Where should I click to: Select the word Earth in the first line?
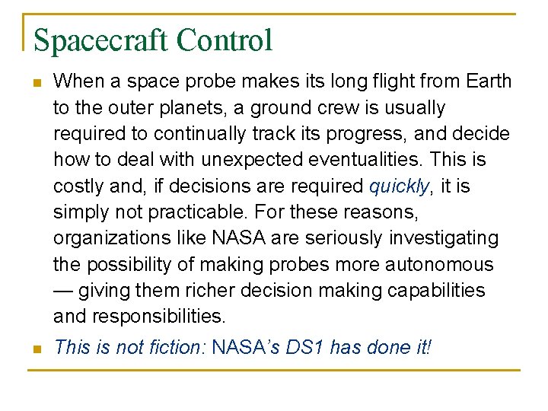tap(487, 81)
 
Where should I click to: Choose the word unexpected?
tap(246, 160)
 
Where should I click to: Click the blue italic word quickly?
tap(400, 186)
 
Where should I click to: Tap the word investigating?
tap(444, 238)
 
